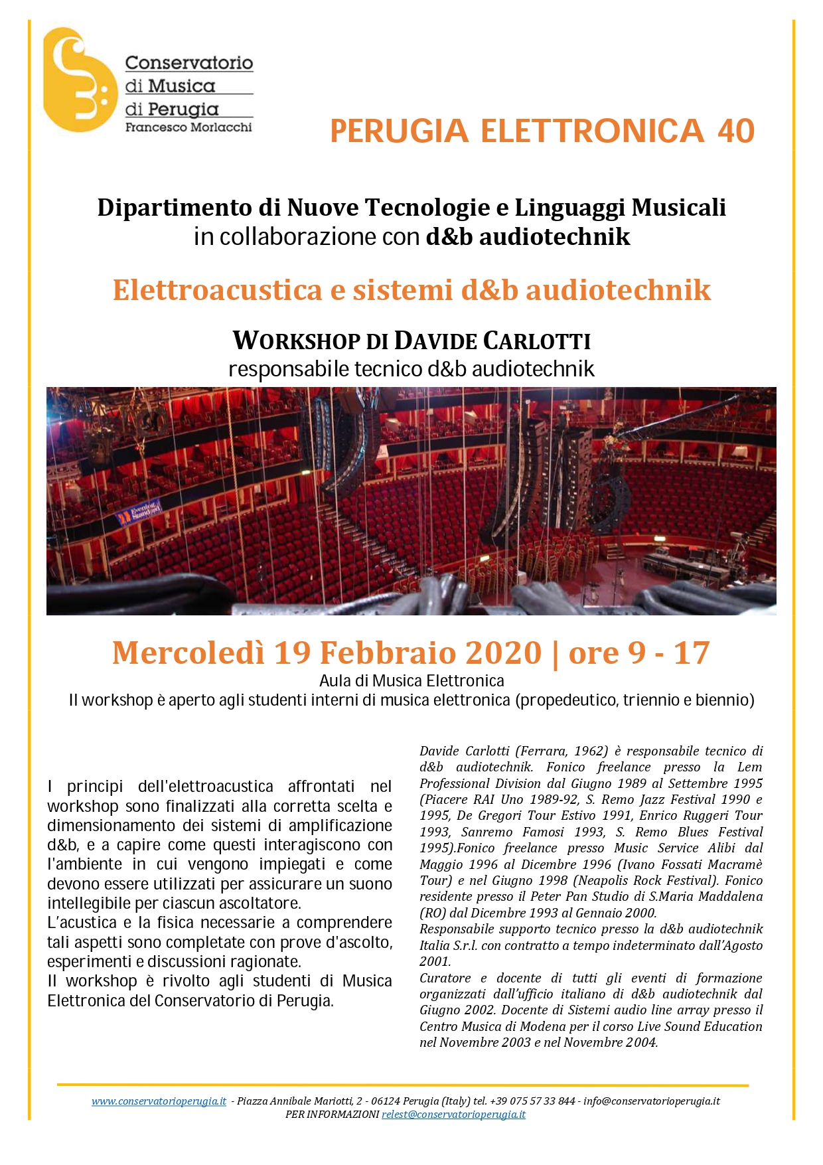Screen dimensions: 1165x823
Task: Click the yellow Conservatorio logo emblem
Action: click(x=78, y=80)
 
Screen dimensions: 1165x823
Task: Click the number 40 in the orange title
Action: click(x=735, y=131)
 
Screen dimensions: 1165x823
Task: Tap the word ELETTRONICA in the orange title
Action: click(x=591, y=131)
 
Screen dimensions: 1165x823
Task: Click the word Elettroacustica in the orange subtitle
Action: click(x=217, y=290)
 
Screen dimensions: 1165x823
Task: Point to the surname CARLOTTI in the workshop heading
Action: click(x=536, y=341)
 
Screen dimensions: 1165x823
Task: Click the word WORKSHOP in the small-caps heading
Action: click(x=299, y=341)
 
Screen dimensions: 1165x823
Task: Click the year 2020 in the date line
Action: click(x=503, y=653)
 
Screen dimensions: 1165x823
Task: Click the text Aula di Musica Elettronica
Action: click(x=411, y=680)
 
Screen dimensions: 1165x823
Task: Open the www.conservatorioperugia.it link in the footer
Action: click(x=159, y=1101)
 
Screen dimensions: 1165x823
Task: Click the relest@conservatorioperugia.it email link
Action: click(x=453, y=1115)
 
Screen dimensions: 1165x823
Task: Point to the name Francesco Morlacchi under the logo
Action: click(x=188, y=127)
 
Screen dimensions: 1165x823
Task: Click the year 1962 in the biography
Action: click(x=590, y=751)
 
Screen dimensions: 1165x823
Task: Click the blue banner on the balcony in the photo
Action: click(x=139, y=511)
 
